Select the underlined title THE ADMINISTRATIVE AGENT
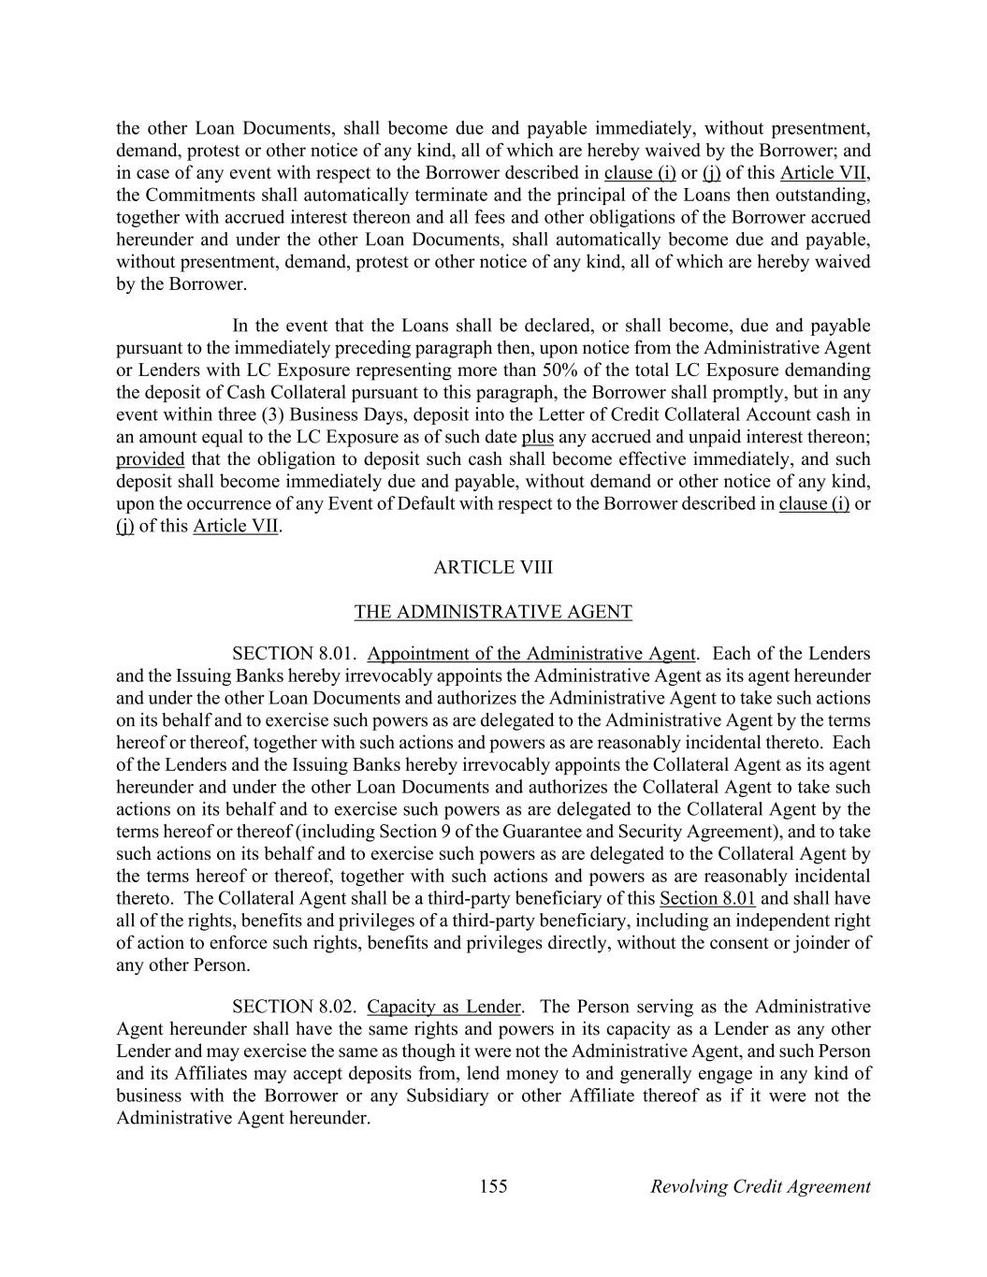[x=493, y=612]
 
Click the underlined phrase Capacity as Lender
[x=443, y=1007]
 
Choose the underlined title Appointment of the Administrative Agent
[x=531, y=653]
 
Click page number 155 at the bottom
[x=493, y=1186]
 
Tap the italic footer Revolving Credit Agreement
[x=760, y=1186]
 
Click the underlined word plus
[x=537, y=437]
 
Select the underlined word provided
[x=150, y=459]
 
